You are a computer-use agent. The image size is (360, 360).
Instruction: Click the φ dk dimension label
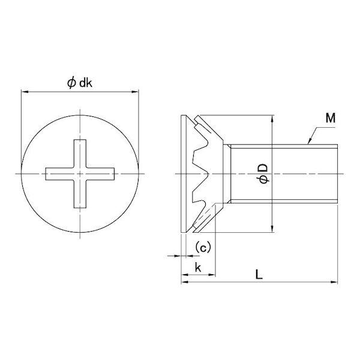[x=80, y=83]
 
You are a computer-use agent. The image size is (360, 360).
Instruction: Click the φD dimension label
[x=263, y=173]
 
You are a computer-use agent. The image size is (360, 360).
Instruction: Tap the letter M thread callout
[x=331, y=118]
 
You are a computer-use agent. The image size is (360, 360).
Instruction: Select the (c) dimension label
[x=203, y=247]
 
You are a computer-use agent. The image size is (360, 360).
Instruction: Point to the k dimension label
[x=198, y=267]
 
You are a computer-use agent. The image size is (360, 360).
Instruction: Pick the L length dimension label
[x=259, y=274]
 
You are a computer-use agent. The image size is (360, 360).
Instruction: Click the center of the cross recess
[x=80, y=174]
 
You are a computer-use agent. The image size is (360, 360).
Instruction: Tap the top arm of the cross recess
[x=80, y=154]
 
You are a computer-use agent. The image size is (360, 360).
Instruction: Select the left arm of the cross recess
[x=59, y=174]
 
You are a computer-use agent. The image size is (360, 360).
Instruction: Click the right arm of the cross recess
[x=100, y=174]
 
